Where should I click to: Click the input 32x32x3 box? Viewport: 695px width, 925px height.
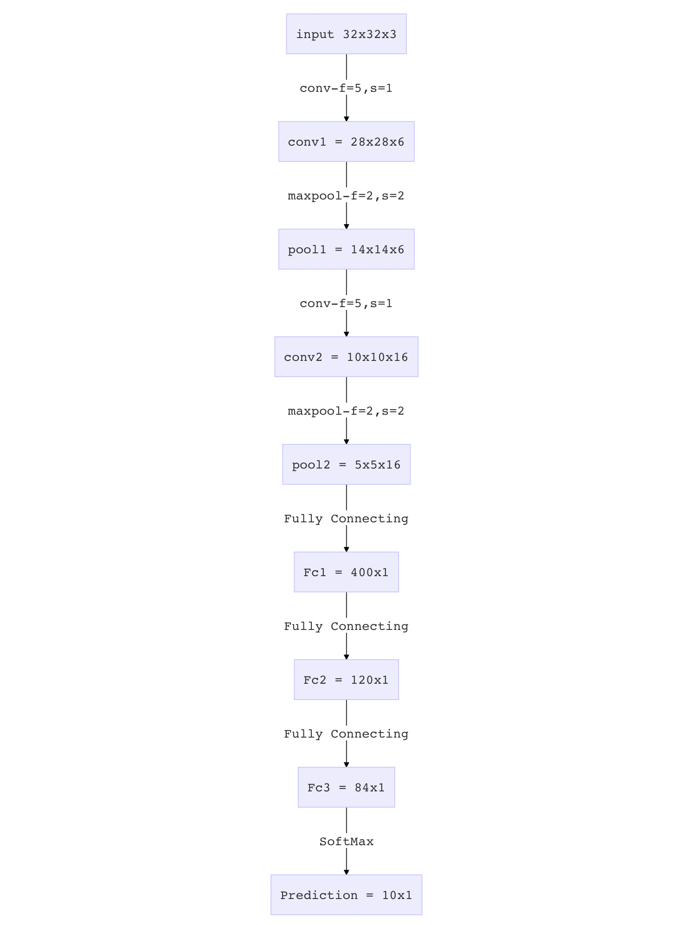click(x=346, y=34)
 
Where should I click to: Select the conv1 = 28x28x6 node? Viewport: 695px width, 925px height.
click(x=346, y=141)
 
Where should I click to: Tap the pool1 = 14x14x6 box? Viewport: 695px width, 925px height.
click(x=346, y=249)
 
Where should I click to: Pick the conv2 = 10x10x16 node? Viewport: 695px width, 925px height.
click(x=346, y=357)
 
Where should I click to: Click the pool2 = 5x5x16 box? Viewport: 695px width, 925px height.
click(x=346, y=464)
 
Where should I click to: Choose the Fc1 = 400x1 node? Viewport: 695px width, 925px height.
click(x=346, y=572)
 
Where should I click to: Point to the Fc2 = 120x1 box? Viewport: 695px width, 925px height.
click(x=346, y=680)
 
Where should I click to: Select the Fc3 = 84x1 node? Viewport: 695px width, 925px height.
click(x=346, y=787)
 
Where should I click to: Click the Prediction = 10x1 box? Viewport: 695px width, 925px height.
click(x=346, y=895)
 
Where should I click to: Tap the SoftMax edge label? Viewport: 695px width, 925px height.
click(x=346, y=841)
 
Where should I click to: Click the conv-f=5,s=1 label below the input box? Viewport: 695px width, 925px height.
click(x=346, y=88)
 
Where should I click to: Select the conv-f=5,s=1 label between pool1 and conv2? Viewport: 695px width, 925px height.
click(x=346, y=303)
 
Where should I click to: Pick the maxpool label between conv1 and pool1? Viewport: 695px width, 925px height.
click(x=346, y=196)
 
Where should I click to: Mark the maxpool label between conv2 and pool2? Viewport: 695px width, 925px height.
click(x=346, y=411)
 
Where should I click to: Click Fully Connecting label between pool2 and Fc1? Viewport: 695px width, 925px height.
click(x=346, y=519)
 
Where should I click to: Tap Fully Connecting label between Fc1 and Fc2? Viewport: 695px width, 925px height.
click(x=346, y=626)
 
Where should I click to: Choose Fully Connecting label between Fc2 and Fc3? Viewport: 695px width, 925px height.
click(x=346, y=734)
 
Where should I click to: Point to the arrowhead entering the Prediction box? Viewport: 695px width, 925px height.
click(x=346, y=872)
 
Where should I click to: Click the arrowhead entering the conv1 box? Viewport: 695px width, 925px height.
click(x=346, y=119)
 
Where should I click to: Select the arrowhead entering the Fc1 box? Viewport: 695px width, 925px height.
click(x=346, y=549)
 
